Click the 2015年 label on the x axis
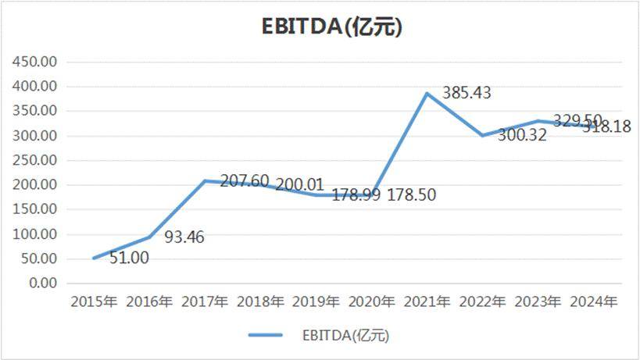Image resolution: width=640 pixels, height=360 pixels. click(94, 301)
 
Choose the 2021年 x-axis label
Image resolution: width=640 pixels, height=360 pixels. click(427, 301)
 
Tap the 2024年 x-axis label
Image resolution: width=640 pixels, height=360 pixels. click(593, 301)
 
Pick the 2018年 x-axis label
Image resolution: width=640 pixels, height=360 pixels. click(260, 301)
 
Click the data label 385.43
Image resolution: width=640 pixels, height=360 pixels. click(467, 93)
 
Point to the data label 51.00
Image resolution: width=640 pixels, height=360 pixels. click(129, 257)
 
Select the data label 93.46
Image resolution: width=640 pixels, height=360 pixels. click(184, 237)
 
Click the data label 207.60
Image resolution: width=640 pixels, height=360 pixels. click(244, 181)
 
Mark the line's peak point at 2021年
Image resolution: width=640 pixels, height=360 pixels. click(427, 94)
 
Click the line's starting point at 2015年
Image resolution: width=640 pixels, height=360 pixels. click(94, 258)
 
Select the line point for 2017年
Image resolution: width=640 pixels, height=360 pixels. click(205, 180)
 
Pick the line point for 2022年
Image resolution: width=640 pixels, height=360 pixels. click(482, 135)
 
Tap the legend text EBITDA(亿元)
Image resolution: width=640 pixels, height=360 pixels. click(345, 336)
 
